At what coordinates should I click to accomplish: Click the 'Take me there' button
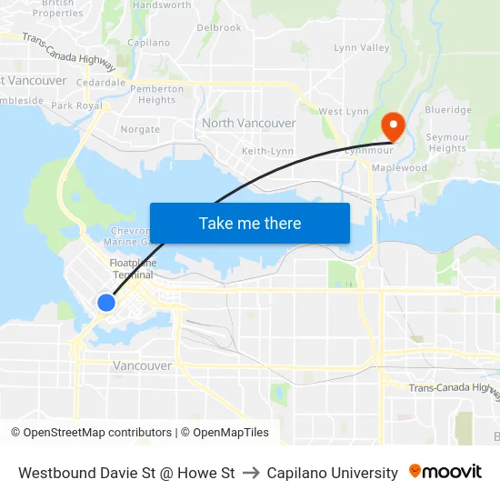(x=250, y=223)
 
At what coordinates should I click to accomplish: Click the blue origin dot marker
(x=106, y=303)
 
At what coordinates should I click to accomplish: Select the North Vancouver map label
(x=248, y=123)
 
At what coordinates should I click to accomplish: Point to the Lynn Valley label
(x=361, y=47)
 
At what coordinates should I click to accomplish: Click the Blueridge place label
(x=447, y=110)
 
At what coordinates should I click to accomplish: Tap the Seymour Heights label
(x=447, y=143)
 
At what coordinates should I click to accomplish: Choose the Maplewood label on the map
(x=403, y=168)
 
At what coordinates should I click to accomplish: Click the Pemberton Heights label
(x=156, y=95)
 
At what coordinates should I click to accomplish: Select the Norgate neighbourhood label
(x=140, y=129)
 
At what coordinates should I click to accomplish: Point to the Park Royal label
(x=77, y=105)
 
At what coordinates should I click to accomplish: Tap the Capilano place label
(x=149, y=43)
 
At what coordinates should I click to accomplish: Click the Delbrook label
(x=219, y=28)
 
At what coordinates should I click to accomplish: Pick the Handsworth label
(x=162, y=5)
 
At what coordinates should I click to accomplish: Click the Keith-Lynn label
(x=267, y=151)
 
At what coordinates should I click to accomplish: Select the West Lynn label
(x=343, y=111)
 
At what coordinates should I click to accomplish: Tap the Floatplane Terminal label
(x=133, y=268)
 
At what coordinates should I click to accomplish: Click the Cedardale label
(x=101, y=82)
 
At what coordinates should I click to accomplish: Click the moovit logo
(x=445, y=472)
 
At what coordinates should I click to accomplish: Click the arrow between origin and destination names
(x=251, y=473)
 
